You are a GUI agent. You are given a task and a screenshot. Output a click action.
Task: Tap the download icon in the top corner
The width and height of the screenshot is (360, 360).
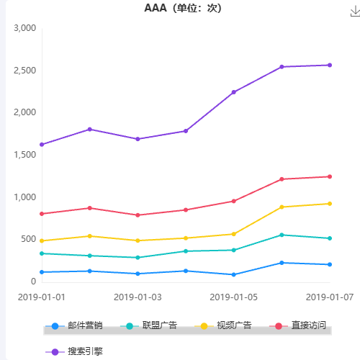click(354, 9)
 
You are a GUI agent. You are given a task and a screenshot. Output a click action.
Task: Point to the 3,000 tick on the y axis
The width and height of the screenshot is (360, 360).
click(24, 28)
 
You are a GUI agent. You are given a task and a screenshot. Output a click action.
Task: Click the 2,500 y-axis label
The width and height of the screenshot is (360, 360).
click(24, 71)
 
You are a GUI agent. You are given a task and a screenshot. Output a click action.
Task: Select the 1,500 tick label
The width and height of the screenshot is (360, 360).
click(24, 155)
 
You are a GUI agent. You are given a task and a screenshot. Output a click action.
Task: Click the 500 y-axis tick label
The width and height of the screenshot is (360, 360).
click(29, 239)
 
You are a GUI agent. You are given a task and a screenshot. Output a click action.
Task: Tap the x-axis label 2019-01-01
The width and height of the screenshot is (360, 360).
click(42, 296)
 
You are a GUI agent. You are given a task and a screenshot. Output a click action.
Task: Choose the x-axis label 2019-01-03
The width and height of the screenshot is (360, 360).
click(138, 296)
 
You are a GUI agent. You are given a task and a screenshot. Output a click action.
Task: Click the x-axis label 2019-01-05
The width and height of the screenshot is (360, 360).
click(233, 296)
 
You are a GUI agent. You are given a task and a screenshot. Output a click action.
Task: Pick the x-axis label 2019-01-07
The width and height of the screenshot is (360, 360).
click(329, 296)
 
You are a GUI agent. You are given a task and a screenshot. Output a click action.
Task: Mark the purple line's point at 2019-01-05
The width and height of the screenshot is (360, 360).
click(233, 92)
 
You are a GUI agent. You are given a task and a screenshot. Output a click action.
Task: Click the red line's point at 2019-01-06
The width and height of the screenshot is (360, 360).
click(282, 179)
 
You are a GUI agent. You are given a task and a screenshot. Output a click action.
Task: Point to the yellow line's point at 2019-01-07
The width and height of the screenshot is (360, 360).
click(329, 204)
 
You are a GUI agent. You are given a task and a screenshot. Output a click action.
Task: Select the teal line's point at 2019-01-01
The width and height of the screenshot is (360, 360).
click(42, 253)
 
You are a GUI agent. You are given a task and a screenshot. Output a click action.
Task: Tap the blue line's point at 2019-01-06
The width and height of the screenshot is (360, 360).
click(282, 263)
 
